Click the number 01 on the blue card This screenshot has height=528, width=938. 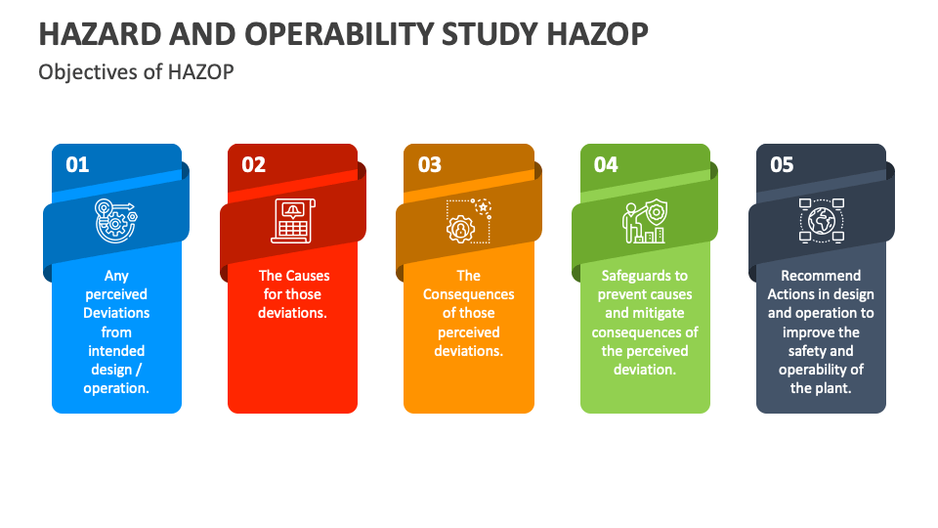(x=77, y=164)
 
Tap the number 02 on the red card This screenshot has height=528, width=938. (x=254, y=164)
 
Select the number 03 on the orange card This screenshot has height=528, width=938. (x=430, y=164)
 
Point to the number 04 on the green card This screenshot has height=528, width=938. (x=606, y=164)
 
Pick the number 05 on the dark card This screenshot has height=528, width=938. (x=782, y=164)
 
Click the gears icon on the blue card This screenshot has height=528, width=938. (x=115, y=221)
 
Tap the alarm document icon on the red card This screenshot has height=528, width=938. (x=293, y=221)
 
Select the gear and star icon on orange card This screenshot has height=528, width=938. (x=469, y=221)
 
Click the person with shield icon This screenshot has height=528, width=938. (x=644, y=221)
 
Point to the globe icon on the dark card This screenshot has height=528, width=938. (x=822, y=221)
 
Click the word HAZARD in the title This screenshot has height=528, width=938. (x=100, y=34)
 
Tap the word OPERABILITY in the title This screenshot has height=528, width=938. (x=339, y=34)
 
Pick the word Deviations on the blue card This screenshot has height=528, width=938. (x=116, y=313)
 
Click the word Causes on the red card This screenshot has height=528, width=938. (x=306, y=276)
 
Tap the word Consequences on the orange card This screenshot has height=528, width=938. (x=468, y=294)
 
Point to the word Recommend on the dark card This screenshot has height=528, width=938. (x=821, y=276)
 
